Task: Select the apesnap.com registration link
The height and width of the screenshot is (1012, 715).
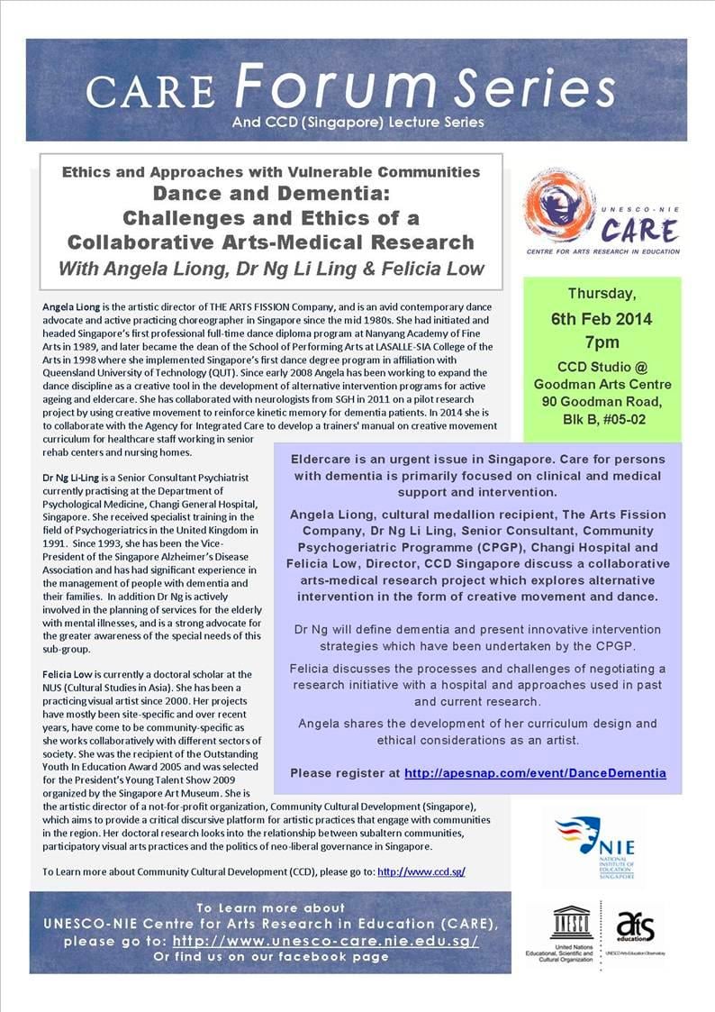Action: [x=535, y=773]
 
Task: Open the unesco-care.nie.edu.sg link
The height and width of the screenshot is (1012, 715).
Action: [x=325, y=940]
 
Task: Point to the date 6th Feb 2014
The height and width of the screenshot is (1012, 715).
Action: [x=602, y=319]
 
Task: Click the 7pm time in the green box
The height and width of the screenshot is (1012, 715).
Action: [x=602, y=342]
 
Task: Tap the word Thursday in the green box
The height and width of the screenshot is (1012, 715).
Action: [x=602, y=294]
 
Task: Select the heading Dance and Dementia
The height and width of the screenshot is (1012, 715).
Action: [x=271, y=192]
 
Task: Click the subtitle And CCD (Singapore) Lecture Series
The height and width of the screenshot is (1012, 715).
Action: [x=357, y=122]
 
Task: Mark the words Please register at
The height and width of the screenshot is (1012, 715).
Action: [x=344, y=773]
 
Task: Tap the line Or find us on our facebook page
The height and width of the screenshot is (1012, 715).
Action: [x=271, y=956]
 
